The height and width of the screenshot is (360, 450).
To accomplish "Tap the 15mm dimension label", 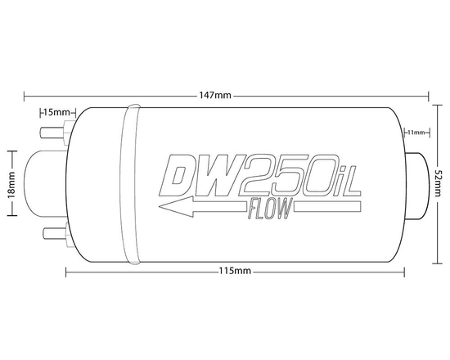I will (x=57, y=110).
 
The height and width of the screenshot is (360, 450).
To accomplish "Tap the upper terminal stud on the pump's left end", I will (x=51, y=128).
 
